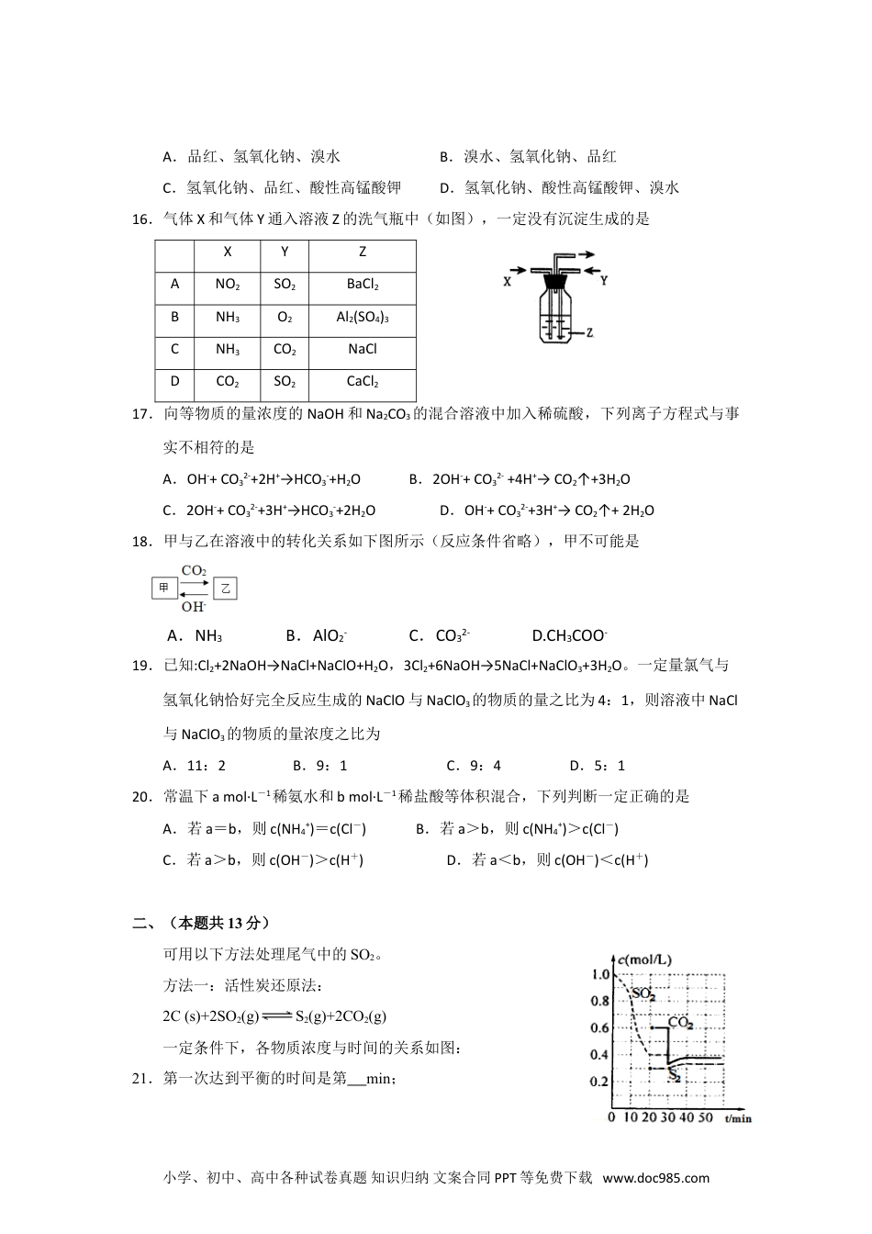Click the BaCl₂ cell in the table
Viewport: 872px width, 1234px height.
(x=363, y=285)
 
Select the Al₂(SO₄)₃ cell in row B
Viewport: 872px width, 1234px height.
(x=363, y=318)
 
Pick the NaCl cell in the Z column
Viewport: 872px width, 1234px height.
(x=363, y=350)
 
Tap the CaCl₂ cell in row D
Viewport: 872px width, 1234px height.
(x=363, y=382)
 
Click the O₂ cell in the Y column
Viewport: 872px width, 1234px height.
(x=285, y=318)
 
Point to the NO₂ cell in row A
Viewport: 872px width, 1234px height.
(x=228, y=285)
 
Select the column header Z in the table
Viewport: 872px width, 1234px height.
(x=363, y=252)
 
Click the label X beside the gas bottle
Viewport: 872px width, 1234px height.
(x=508, y=282)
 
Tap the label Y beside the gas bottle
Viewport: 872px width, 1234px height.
(x=603, y=281)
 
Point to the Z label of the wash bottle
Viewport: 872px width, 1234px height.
(x=590, y=333)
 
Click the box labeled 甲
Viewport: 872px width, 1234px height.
(x=164, y=588)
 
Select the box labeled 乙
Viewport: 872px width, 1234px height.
(x=225, y=588)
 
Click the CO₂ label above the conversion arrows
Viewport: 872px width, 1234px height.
(x=194, y=571)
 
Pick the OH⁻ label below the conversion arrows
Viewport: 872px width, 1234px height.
(x=194, y=606)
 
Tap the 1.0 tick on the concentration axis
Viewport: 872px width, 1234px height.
(x=601, y=974)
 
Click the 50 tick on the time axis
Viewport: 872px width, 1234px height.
(x=704, y=1117)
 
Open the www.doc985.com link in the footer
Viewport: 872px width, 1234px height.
(x=655, y=1178)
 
